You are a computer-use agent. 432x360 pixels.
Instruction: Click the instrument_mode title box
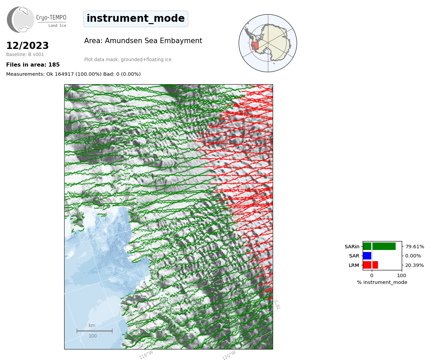point(136,19)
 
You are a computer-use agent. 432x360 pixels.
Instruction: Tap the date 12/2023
point(28,46)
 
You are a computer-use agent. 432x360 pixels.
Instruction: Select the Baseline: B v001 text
point(25,54)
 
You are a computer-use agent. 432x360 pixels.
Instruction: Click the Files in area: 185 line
point(33,65)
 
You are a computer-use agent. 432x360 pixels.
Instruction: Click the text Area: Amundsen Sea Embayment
point(143,41)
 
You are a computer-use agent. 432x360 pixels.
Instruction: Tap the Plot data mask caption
point(128,59)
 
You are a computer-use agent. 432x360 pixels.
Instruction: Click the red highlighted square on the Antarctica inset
point(255,46)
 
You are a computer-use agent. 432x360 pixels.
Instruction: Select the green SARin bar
point(379,247)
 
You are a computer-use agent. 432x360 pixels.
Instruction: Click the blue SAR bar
point(367,256)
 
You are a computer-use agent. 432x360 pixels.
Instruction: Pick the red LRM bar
point(371,265)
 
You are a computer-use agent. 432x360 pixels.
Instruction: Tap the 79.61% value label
point(415,247)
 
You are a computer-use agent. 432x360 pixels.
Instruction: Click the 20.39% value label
point(414,265)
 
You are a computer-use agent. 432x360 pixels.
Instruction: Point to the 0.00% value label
point(413,256)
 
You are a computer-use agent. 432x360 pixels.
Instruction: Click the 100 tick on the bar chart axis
point(401,275)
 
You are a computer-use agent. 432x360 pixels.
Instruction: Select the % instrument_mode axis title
point(382,283)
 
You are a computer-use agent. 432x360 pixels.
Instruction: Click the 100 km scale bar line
point(94,331)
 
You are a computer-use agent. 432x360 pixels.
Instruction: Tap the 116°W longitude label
point(146,355)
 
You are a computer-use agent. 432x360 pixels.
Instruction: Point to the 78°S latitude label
point(277,305)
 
